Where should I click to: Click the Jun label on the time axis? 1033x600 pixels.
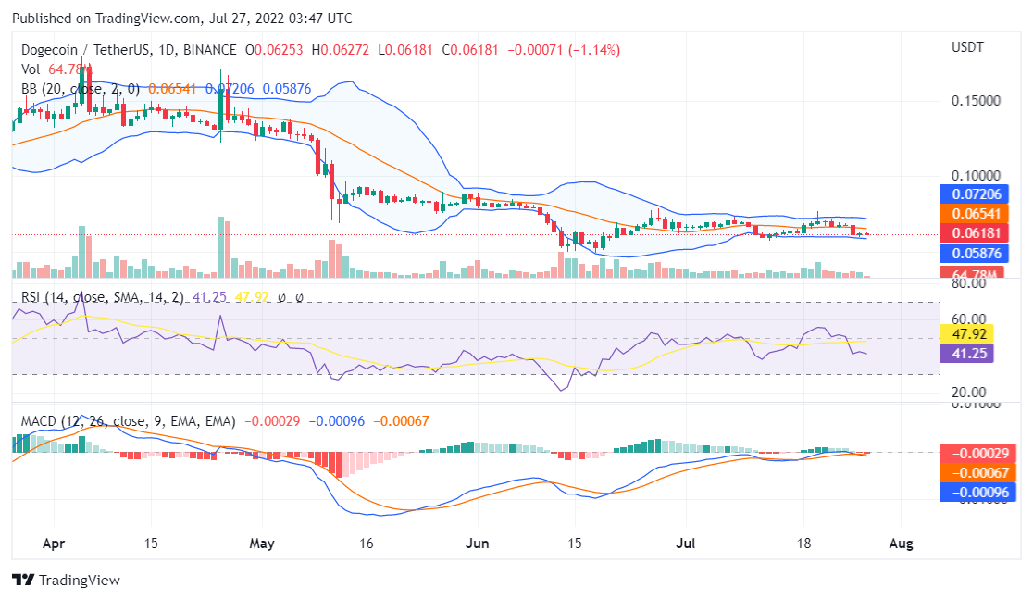point(478,544)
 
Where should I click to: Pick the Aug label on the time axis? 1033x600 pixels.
point(901,544)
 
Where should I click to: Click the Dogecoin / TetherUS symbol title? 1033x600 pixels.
point(84,49)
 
